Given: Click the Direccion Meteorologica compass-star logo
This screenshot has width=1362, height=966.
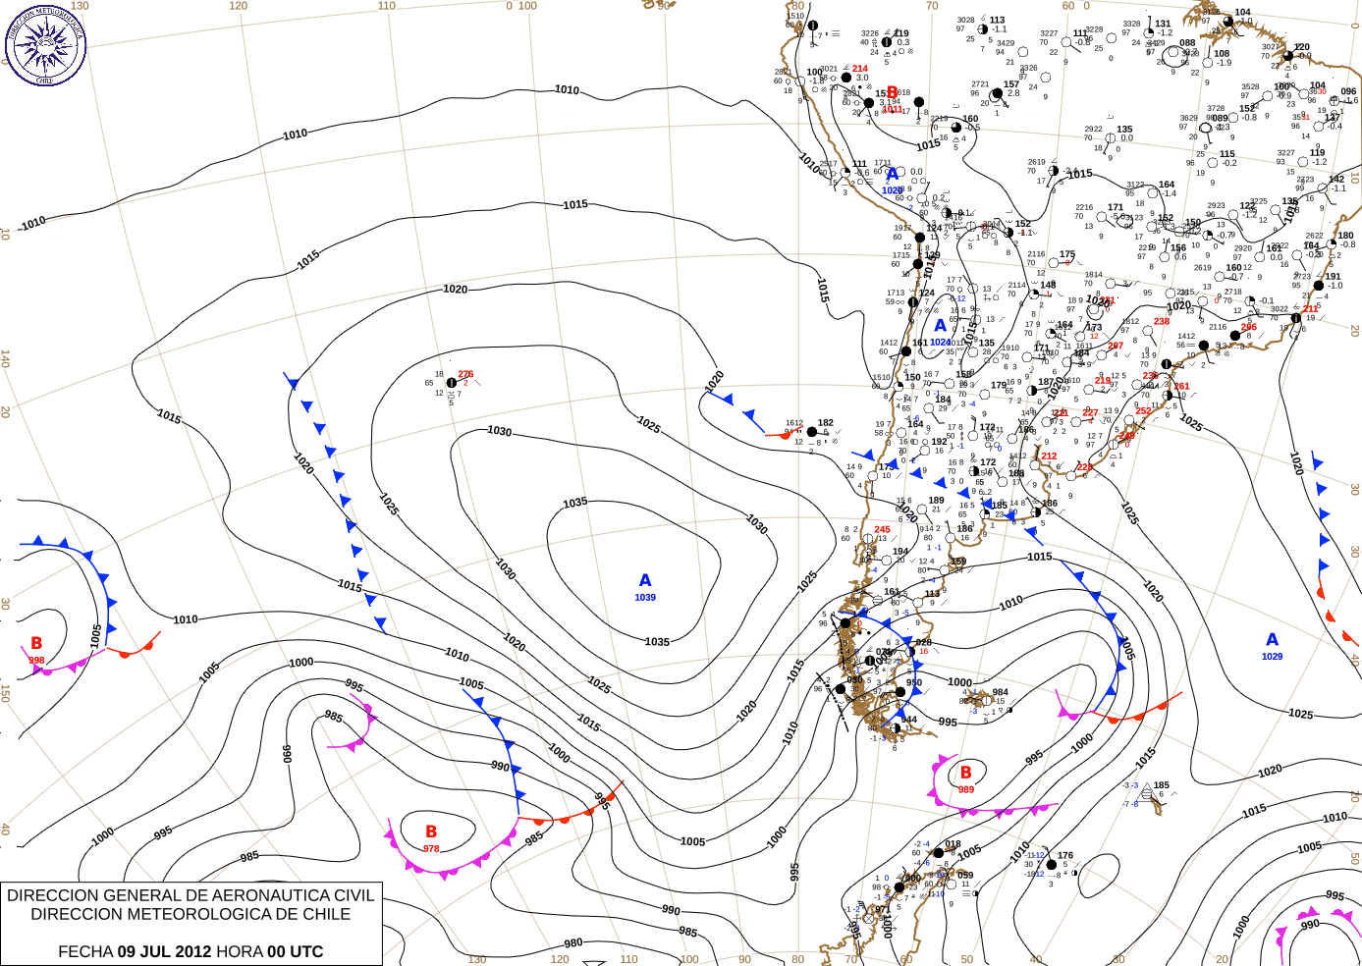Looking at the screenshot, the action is [45, 44].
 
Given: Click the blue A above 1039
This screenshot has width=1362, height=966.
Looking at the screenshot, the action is [645, 581].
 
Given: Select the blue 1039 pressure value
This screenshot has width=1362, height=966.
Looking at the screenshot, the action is [645, 598].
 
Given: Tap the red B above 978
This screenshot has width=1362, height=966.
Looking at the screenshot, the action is [431, 832].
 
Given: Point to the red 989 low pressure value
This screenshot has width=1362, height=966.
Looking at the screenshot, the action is [966, 789].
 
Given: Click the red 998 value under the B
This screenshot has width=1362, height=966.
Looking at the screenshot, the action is [36, 661].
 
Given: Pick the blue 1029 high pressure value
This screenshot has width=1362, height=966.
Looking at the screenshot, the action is [1272, 657].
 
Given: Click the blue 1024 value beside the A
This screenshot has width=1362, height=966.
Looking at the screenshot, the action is [940, 343].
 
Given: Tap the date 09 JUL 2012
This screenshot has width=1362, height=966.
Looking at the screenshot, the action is [164, 951].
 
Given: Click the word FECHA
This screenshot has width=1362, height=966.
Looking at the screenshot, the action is [85, 951].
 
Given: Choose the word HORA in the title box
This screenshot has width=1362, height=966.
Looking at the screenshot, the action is [241, 951].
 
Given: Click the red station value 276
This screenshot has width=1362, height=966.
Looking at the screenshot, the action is [465, 374].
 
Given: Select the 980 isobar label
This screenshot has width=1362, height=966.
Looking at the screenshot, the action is [572, 943].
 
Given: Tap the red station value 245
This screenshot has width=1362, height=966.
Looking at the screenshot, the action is [882, 529].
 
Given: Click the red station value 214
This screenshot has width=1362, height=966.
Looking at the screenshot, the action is [860, 69].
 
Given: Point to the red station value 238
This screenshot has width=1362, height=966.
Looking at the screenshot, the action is [1162, 321].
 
